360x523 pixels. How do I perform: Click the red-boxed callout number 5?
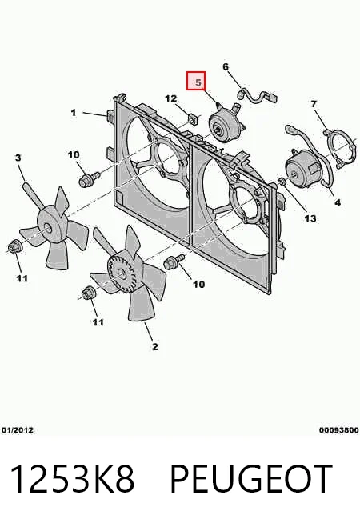198,82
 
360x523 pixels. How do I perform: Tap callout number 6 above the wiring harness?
226,66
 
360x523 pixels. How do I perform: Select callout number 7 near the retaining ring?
314,104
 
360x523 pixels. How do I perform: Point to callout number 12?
171,98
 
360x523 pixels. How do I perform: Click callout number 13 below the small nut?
310,218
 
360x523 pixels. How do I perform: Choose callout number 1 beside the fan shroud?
74,113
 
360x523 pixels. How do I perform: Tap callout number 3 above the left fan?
18,158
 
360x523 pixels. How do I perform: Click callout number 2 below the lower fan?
155,346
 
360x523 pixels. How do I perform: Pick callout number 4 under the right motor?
338,202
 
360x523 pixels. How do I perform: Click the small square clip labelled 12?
191,118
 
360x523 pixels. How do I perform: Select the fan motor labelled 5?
226,123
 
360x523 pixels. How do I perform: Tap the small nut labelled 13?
282,182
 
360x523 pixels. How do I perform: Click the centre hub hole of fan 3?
47,228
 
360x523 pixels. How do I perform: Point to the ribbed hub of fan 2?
121,273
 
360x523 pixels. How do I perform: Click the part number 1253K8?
72,479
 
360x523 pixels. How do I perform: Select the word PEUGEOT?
251,479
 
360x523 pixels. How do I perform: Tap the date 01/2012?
18,430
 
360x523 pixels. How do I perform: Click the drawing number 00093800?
338,430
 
